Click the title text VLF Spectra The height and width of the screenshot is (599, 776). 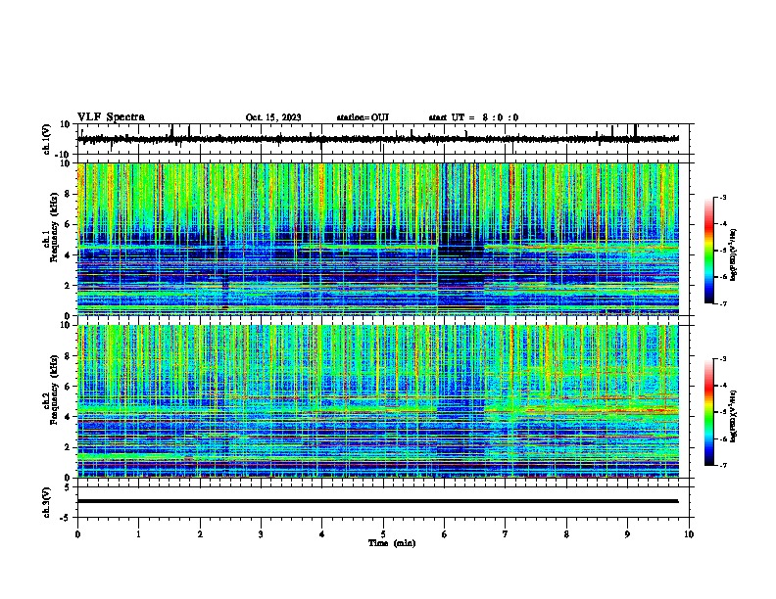tap(111, 116)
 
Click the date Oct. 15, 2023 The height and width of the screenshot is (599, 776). tap(273, 117)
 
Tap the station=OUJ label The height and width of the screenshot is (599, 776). tap(363, 117)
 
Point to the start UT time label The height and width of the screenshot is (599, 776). tap(473, 117)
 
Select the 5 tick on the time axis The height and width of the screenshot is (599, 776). tap(383, 534)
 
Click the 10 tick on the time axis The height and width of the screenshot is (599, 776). tap(689, 534)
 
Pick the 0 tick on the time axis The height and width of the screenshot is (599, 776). tap(77, 534)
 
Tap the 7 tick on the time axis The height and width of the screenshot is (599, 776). tap(506, 534)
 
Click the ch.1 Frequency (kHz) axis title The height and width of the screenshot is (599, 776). tap(49, 239)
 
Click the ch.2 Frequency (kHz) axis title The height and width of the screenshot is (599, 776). tap(49, 400)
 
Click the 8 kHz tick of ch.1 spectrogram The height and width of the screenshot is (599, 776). tap(69, 194)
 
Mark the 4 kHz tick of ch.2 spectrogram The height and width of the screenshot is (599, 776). tap(69, 416)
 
